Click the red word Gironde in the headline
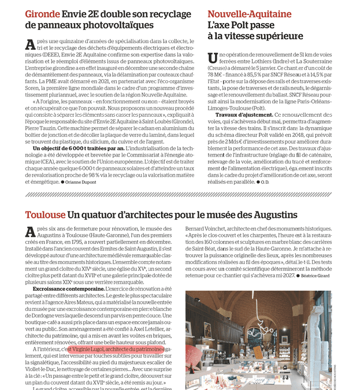point(42,14)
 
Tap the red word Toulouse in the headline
point(45,215)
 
